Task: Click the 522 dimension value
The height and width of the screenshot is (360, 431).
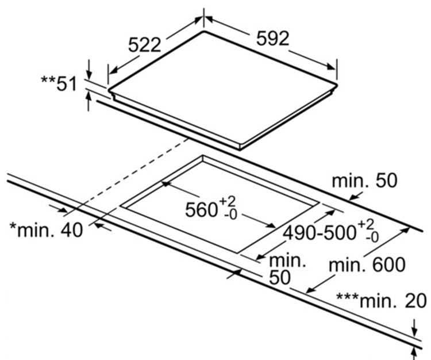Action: tap(145, 45)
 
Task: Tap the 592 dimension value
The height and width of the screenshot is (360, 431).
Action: tap(272, 38)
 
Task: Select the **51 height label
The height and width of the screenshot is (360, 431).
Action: tap(59, 83)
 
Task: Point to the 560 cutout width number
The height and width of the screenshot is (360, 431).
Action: tap(201, 210)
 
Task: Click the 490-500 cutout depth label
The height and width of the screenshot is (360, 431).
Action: tap(319, 233)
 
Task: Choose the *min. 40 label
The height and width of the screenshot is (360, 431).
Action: tap(46, 230)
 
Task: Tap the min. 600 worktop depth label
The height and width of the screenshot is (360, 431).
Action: tap(367, 265)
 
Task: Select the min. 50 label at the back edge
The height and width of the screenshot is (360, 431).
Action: tap(364, 181)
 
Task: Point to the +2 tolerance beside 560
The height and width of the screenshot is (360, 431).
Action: tap(228, 202)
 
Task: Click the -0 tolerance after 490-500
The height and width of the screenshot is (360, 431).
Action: tap(372, 238)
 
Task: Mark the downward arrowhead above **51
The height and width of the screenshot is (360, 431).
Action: tap(88, 74)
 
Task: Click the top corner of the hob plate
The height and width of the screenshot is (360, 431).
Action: tap(203, 31)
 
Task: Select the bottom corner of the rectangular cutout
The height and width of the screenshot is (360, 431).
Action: tap(237, 252)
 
